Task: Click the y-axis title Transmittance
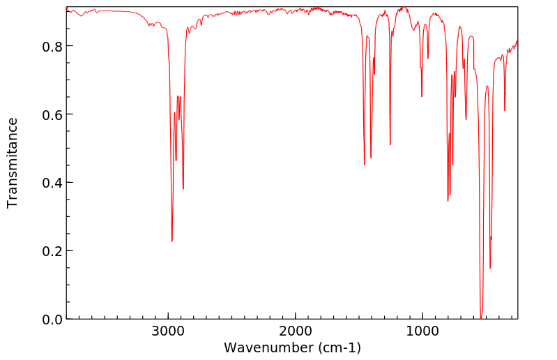pos(13,163)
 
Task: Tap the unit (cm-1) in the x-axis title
pos(339,347)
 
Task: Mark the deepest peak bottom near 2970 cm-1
pos(171,241)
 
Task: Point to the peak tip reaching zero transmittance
pos(481,317)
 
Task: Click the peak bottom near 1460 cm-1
pos(364,165)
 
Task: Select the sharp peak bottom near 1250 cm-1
pos(390,145)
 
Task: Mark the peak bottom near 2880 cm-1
pos(183,189)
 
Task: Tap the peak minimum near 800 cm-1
pos(448,201)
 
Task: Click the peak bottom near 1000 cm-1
pos(422,96)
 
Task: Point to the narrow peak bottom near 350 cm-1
pos(505,110)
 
